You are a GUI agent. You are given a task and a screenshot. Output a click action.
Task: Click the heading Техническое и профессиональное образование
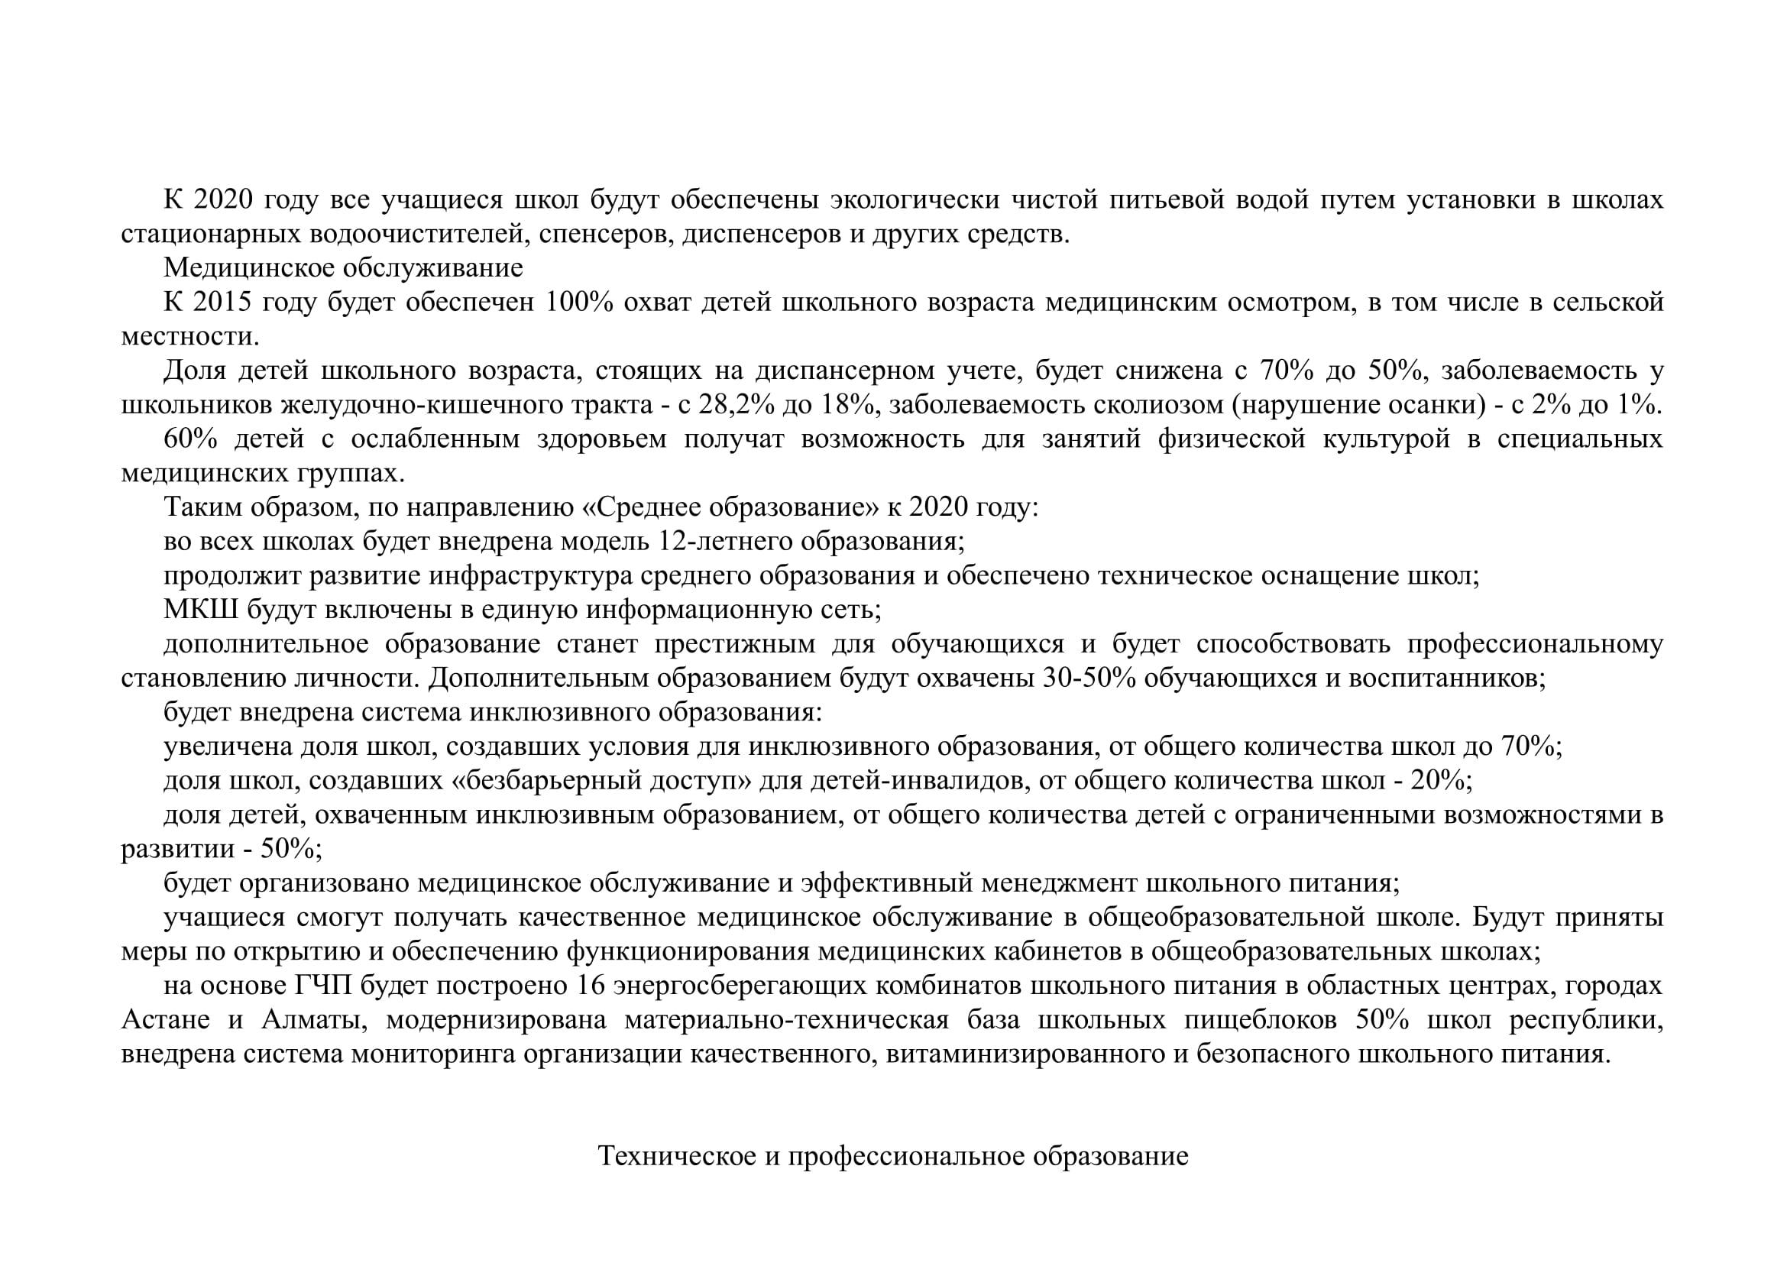892,1156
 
